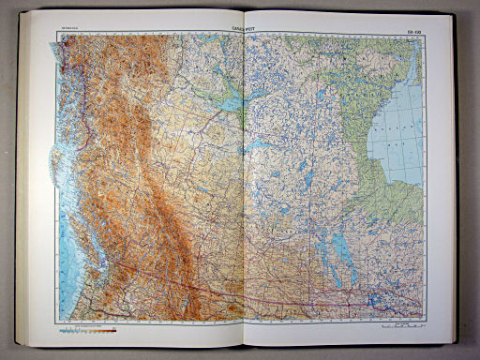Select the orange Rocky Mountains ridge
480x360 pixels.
tap(150, 187)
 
